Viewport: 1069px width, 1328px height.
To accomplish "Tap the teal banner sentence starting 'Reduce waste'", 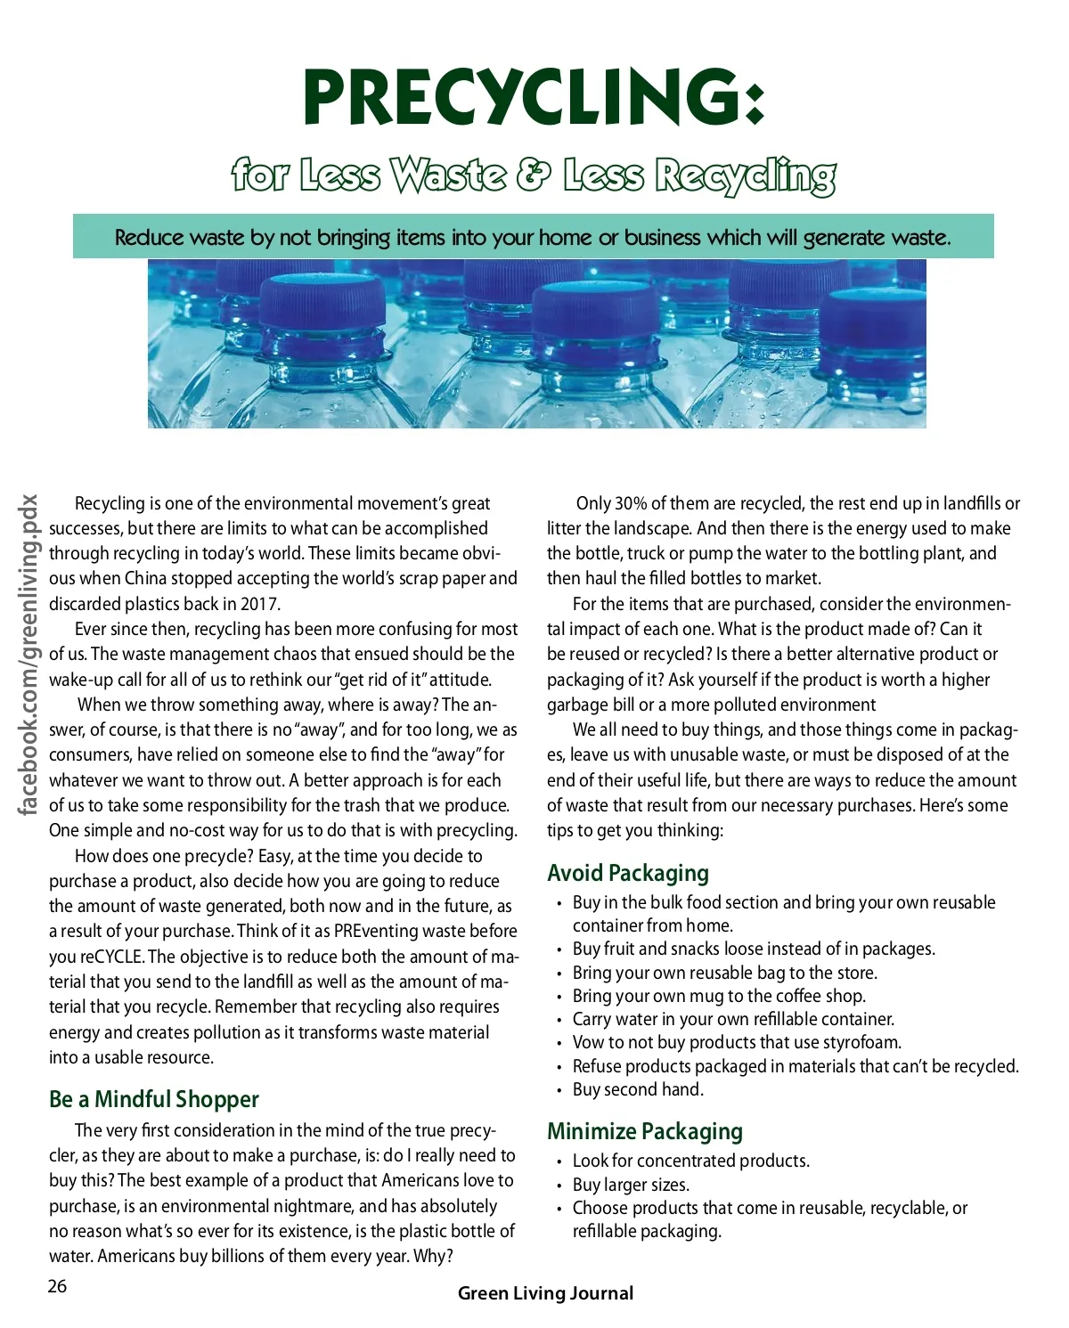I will pos(533,237).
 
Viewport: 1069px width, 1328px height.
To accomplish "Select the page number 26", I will pos(57,1285).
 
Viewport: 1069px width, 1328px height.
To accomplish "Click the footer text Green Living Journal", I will pos(545,1293).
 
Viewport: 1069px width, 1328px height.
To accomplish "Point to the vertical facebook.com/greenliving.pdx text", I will pos(29,655).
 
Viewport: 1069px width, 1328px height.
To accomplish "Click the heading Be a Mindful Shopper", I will pos(154,1099).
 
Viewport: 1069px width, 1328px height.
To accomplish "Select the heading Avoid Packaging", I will pos(628,873).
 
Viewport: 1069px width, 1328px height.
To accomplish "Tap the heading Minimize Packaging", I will pos(645,1131).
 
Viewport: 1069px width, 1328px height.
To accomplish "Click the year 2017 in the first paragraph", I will pos(260,604).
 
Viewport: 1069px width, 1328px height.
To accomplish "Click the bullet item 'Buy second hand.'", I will pos(638,1089).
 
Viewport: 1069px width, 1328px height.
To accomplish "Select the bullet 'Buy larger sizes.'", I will pos(631,1185).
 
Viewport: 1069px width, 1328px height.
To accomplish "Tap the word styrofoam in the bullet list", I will pos(861,1042).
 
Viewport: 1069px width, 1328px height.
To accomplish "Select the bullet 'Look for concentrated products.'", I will pos(691,1161).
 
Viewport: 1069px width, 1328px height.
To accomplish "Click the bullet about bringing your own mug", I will pos(719,996).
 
